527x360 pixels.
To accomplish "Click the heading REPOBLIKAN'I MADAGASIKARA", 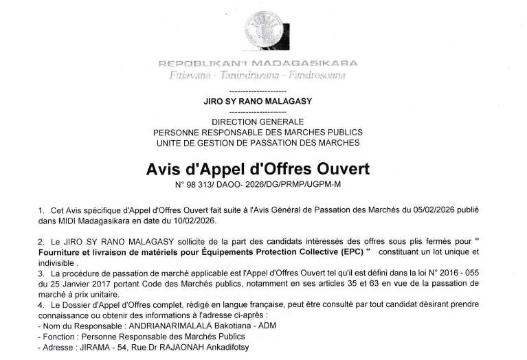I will pos(258,64).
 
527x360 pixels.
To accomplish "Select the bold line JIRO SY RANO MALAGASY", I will pos(258,101).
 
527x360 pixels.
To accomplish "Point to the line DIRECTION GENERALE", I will pos(258,122).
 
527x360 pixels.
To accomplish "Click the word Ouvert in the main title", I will pos(337,168).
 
